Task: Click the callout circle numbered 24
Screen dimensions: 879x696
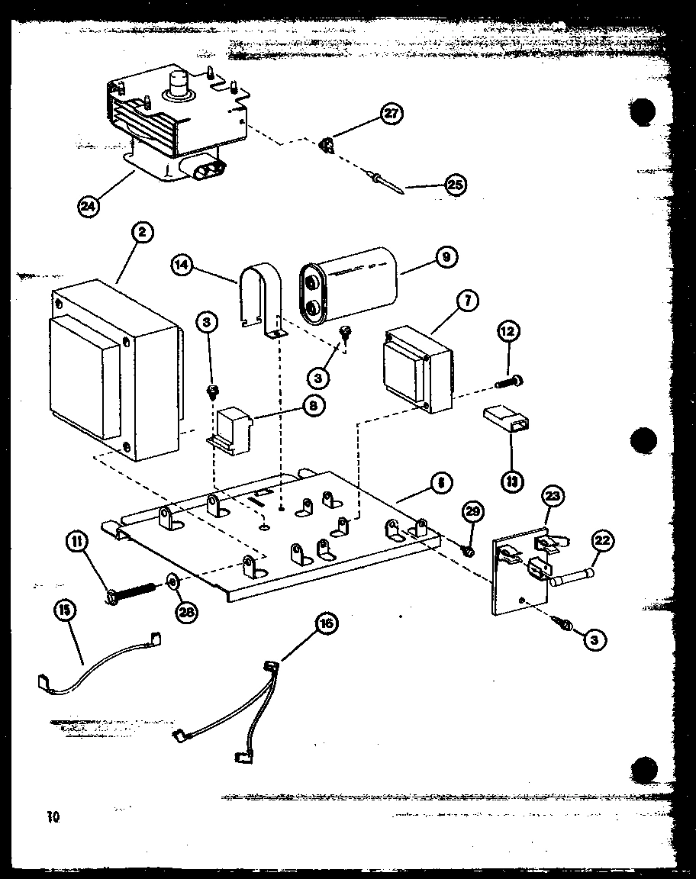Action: pos(90,204)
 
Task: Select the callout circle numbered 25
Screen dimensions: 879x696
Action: pos(455,185)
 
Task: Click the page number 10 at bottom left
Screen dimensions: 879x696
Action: pos(52,816)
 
